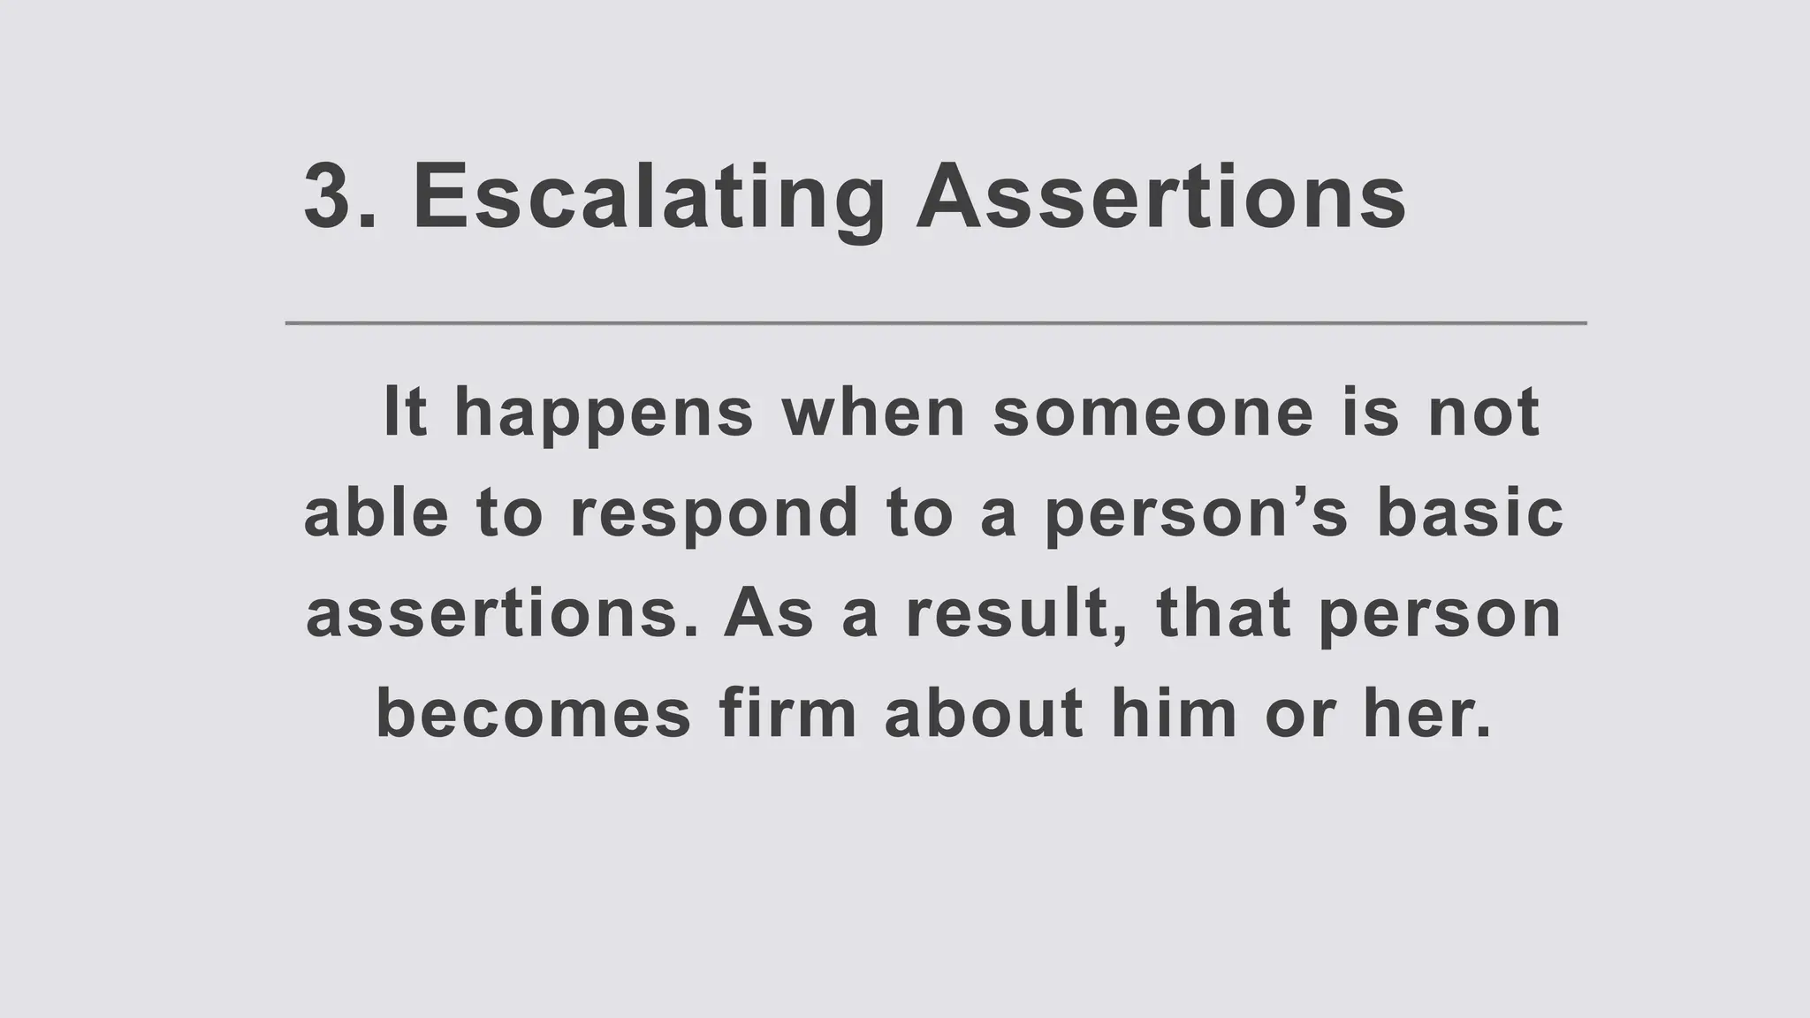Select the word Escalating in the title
[x=649, y=198]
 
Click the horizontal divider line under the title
[x=935, y=323]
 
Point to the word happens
[x=604, y=414]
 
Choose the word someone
[x=1152, y=412]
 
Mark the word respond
[x=714, y=514]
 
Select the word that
[x=1223, y=614]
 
